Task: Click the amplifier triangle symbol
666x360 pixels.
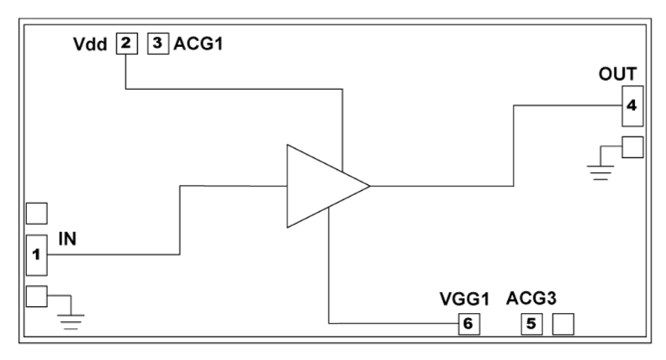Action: (x=320, y=186)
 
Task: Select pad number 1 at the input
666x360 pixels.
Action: (x=36, y=253)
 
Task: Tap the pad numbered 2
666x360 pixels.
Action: (x=125, y=44)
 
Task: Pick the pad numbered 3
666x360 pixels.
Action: (x=158, y=44)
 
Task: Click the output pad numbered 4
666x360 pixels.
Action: (x=632, y=105)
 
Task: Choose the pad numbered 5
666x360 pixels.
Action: (x=531, y=323)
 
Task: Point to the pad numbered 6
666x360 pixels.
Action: (x=468, y=323)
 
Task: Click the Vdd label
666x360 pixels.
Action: (x=89, y=45)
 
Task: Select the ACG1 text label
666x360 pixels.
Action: (x=198, y=44)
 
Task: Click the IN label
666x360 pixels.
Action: (x=67, y=241)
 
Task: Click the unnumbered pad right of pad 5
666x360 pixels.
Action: (x=562, y=323)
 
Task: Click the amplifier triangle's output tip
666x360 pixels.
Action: (x=368, y=186)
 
